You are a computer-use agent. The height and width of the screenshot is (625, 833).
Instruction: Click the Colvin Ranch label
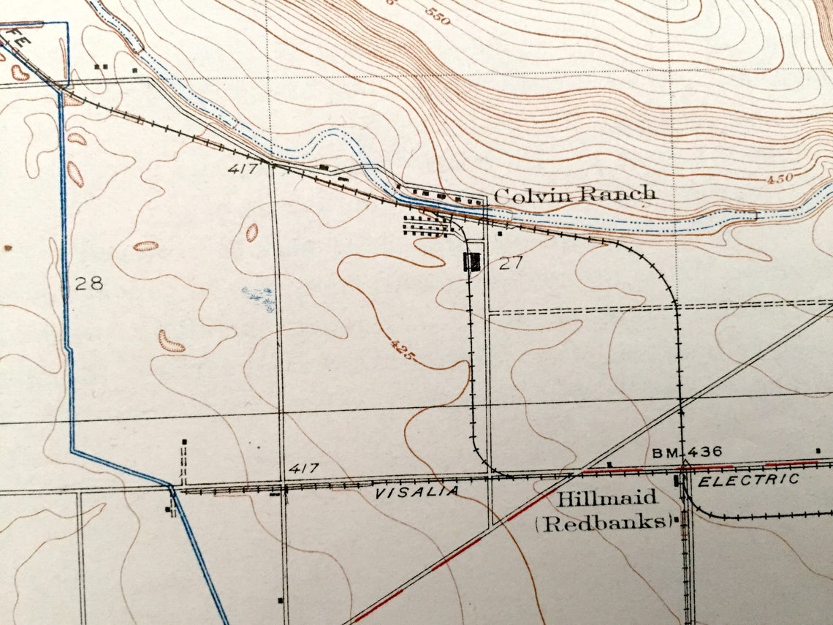pyautogui.click(x=575, y=194)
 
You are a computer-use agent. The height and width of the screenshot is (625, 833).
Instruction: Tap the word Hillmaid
pyautogui.click(x=608, y=499)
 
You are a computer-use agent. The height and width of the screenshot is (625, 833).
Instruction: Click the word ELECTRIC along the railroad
pyautogui.click(x=749, y=480)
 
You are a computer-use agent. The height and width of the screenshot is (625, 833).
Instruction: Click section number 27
pyautogui.click(x=511, y=263)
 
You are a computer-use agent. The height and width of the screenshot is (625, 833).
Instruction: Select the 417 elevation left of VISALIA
pyautogui.click(x=303, y=468)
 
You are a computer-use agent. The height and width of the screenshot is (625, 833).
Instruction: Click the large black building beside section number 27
pyautogui.click(x=473, y=261)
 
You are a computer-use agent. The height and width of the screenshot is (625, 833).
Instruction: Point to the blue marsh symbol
pyautogui.click(x=259, y=298)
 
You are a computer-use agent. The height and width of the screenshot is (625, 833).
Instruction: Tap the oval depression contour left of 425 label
pyautogui.click(x=251, y=232)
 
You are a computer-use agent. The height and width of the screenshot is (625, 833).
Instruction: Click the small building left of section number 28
pyautogui.click(x=8, y=248)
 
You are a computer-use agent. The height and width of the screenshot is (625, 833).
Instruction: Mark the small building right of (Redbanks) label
pyautogui.click(x=677, y=520)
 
